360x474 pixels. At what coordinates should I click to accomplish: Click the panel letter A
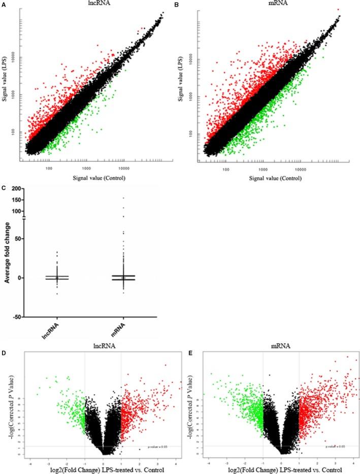click(x=4, y=4)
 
